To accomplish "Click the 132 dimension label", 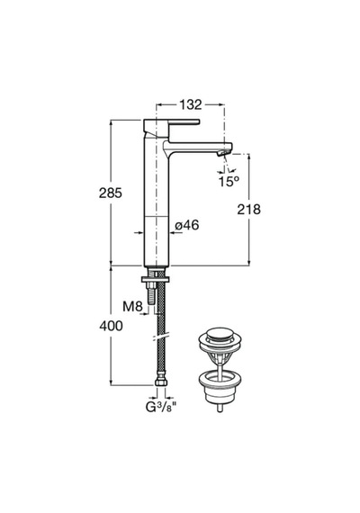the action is (191, 104).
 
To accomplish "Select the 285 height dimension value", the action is (111, 193).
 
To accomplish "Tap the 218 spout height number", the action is (248, 210).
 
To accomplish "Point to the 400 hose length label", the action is (111, 326).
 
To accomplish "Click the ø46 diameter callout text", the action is (187, 225).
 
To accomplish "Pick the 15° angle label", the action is (229, 181).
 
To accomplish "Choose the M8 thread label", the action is (132, 307).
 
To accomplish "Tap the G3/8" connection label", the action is (161, 407).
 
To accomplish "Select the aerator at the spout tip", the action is (224, 152).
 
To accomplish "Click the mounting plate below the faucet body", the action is (156, 279).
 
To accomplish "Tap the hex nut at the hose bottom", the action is (160, 382).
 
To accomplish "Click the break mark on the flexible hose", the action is (160, 337).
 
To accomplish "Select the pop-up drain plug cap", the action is (220, 335).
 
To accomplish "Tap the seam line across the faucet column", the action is (157, 217).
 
